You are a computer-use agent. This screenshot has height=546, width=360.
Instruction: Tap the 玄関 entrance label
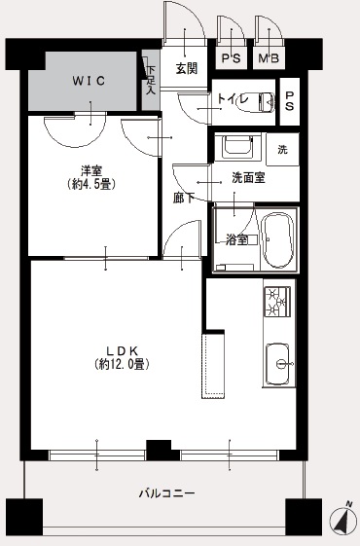click(187, 68)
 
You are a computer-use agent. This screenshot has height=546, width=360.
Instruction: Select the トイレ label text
click(232, 98)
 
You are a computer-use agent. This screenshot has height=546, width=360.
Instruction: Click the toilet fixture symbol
click(255, 100)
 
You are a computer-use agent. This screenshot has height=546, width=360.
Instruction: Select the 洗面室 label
click(248, 178)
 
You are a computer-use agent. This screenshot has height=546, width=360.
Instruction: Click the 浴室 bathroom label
click(236, 239)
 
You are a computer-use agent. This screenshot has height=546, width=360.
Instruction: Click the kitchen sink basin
click(278, 364)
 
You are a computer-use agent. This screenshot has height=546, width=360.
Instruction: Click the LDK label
click(121, 349)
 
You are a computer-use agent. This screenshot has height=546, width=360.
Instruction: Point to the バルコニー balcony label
click(166, 494)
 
